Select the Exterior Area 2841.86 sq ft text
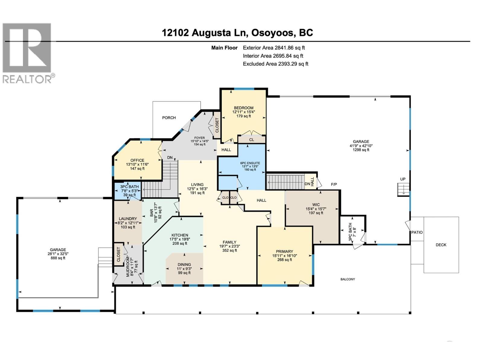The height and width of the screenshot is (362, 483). [274, 48]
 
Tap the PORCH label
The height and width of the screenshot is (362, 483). [169, 118]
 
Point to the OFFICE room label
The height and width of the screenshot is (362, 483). [137, 160]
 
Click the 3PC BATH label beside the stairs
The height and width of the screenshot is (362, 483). [130, 187]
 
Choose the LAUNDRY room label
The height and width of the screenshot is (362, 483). [128, 219]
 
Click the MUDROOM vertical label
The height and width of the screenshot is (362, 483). [128, 267]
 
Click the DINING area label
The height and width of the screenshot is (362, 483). [184, 265]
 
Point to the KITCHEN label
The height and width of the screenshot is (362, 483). [180, 235]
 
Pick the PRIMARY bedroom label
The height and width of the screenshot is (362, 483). [284, 252]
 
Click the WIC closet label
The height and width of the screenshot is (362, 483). [316, 205]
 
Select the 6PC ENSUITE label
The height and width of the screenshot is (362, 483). [250, 163]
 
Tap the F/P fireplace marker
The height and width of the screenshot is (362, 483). [334, 184]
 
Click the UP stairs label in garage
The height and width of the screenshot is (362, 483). [403, 179]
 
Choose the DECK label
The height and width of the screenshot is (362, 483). [441, 245]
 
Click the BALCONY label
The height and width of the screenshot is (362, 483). [348, 279]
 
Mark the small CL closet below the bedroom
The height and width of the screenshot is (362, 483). [251, 140]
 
